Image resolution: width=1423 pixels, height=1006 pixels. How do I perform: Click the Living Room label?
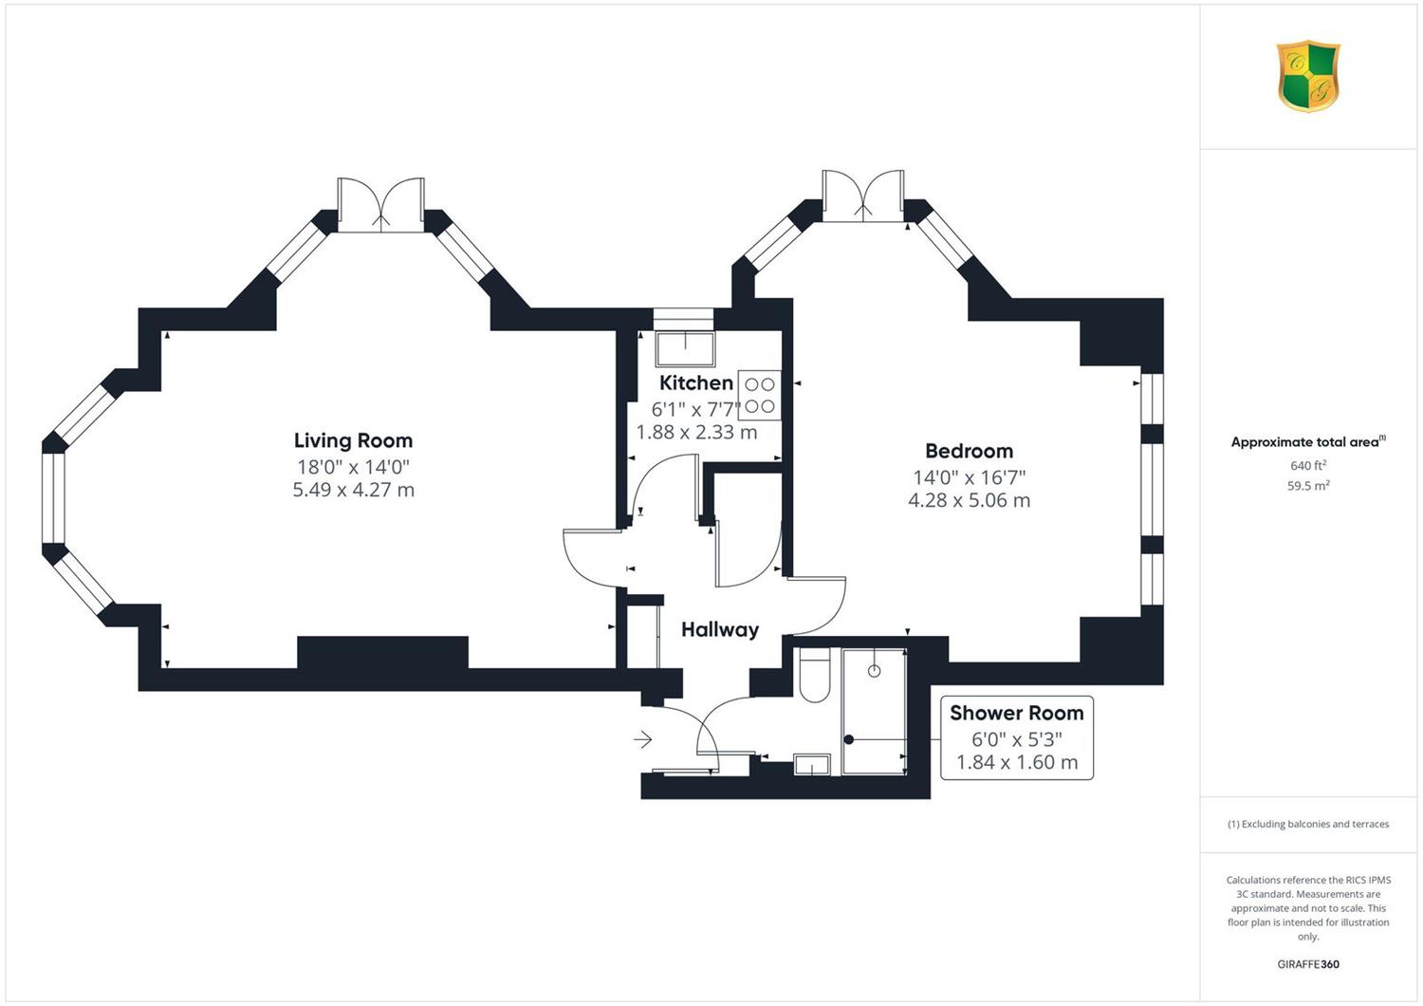pyautogui.click(x=353, y=440)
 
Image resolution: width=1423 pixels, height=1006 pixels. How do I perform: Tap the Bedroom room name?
pyautogui.click(x=969, y=451)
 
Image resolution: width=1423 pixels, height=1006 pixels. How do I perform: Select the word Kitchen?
pyautogui.click(x=696, y=382)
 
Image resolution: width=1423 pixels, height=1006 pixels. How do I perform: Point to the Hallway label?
pyautogui.click(x=720, y=630)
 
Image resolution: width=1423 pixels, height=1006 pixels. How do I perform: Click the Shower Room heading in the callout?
pyautogui.click(x=1016, y=713)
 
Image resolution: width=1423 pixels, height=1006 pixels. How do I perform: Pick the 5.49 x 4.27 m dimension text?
pyautogui.click(x=353, y=490)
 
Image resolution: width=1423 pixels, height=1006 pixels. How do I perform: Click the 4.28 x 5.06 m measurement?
pyautogui.click(x=969, y=500)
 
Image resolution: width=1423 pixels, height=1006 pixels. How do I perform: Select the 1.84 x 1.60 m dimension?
pyautogui.click(x=1016, y=762)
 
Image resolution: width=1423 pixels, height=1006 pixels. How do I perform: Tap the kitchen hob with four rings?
pyautogui.click(x=759, y=395)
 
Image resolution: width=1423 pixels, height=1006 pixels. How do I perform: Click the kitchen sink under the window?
pyautogui.click(x=686, y=349)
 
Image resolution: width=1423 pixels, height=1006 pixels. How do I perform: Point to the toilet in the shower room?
pyautogui.click(x=814, y=675)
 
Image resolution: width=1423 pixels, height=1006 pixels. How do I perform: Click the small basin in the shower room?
pyautogui.click(x=812, y=765)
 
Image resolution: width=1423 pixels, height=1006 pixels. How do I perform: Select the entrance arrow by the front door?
pyautogui.click(x=642, y=739)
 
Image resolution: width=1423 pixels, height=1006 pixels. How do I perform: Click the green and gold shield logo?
pyautogui.click(x=1308, y=76)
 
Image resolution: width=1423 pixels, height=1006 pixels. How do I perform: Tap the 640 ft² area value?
pyautogui.click(x=1308, y=466)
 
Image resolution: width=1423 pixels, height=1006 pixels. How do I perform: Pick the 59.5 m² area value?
pyautogui.click(x=1308, y=486)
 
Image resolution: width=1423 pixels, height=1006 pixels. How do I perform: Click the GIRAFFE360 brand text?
pyautogui.click(x=1308, y=964)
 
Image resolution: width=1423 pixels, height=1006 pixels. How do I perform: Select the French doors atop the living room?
pyautogui.click(x=380, y=205)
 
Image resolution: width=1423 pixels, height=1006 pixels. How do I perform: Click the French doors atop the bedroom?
pyautogui.click(x=862, y=196)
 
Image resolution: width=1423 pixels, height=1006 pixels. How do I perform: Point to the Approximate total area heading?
pyautogui.click(x=1308, y=441)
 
